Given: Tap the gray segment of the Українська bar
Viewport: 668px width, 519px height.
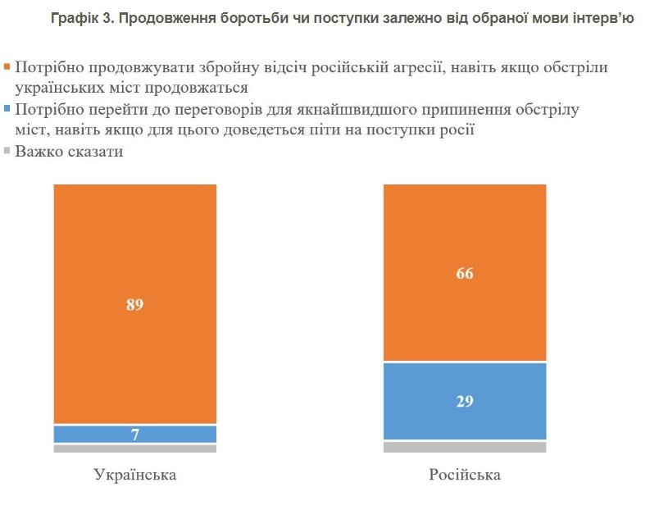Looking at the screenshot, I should coord(135,448).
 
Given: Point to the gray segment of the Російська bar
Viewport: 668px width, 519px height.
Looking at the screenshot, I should coord(465,447).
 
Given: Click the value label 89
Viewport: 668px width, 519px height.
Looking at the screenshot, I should coord(135,305).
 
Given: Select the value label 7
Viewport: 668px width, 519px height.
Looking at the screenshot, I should coord(135,435).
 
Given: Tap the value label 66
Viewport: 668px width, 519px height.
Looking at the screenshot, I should coord(465,273).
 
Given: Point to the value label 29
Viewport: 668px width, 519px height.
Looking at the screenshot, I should coord(465,402).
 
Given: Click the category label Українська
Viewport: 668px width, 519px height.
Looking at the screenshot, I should coord(135,476).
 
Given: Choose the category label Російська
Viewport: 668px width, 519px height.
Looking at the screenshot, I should coord(465,476).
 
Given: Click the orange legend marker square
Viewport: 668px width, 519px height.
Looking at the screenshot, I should coord(7,66).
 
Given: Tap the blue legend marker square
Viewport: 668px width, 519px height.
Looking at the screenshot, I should coord(7,108).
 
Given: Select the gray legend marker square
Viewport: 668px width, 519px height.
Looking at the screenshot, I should coord(7,151).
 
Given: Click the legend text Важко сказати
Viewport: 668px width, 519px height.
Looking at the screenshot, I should coord(69,152).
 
